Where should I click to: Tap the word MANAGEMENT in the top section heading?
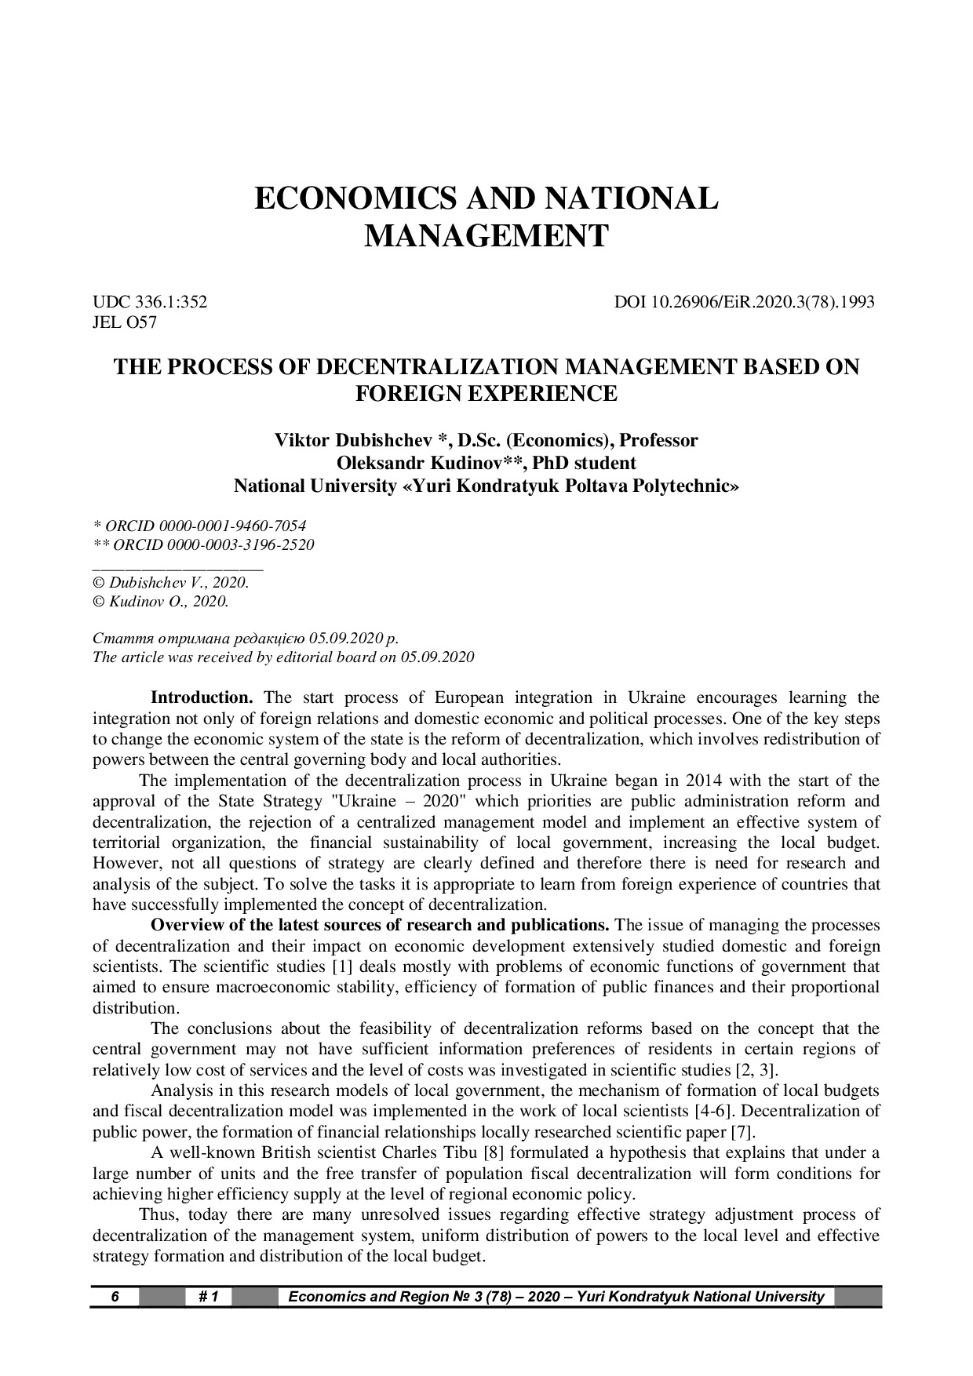(486, 235)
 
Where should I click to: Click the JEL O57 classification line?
(125, 322)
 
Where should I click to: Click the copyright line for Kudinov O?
(161, 602)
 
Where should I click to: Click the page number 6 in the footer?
(114, 1297)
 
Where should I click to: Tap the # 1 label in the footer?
(209, 1297)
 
